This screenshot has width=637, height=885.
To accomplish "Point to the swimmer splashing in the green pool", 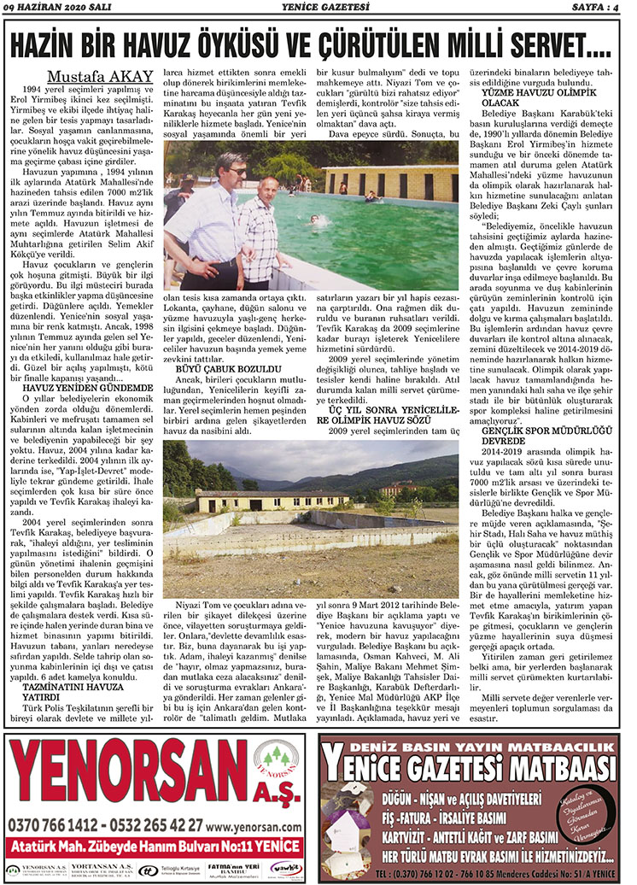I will pos(317,220).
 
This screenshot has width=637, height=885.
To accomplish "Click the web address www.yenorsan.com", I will pos(254,827).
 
